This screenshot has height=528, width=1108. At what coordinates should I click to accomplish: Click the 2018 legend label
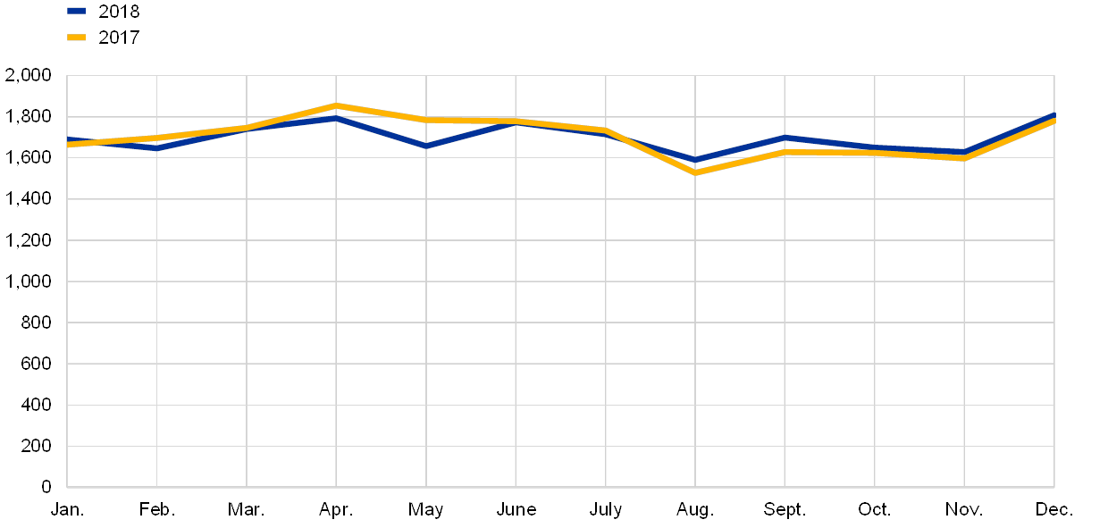click(x=119, y=12)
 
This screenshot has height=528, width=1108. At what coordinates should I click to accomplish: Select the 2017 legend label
click(x=119, y=38)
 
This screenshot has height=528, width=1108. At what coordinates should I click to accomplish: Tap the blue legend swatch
click(x=77, y=12)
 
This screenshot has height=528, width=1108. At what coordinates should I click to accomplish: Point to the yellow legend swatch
click(x=77, y=38)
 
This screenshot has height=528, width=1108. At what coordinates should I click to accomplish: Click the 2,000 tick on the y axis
click(x=29, y=76)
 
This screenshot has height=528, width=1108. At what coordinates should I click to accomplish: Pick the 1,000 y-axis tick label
click(x=29, y=281)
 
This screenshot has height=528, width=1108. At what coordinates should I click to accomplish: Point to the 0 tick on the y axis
click(x=46, y=487)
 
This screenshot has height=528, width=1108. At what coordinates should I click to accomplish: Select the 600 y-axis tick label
click(x=35, y=364)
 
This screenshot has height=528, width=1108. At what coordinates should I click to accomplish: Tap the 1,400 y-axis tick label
click(x=29, y=199)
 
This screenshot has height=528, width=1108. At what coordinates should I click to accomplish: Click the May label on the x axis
click(x=426, y=510)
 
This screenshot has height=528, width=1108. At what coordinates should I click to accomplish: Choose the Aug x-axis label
click(x=692, y=510)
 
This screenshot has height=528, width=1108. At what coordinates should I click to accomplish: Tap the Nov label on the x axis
click(x=964, y=510)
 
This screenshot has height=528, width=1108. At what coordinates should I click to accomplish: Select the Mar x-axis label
click(x=244, y=510)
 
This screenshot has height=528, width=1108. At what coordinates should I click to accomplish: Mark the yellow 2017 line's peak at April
click(x=336, y=105)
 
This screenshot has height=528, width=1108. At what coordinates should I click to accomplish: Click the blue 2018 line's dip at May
click(x=426, y=146)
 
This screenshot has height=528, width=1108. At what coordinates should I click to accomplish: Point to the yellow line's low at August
click(x=695, y=172)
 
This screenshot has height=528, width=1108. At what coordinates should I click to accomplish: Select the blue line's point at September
click(x=785, y=138)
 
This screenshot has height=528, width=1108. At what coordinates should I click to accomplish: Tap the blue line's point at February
click(x=157, y=148)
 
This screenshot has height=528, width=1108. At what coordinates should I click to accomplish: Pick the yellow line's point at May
click(x=426, y=120)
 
